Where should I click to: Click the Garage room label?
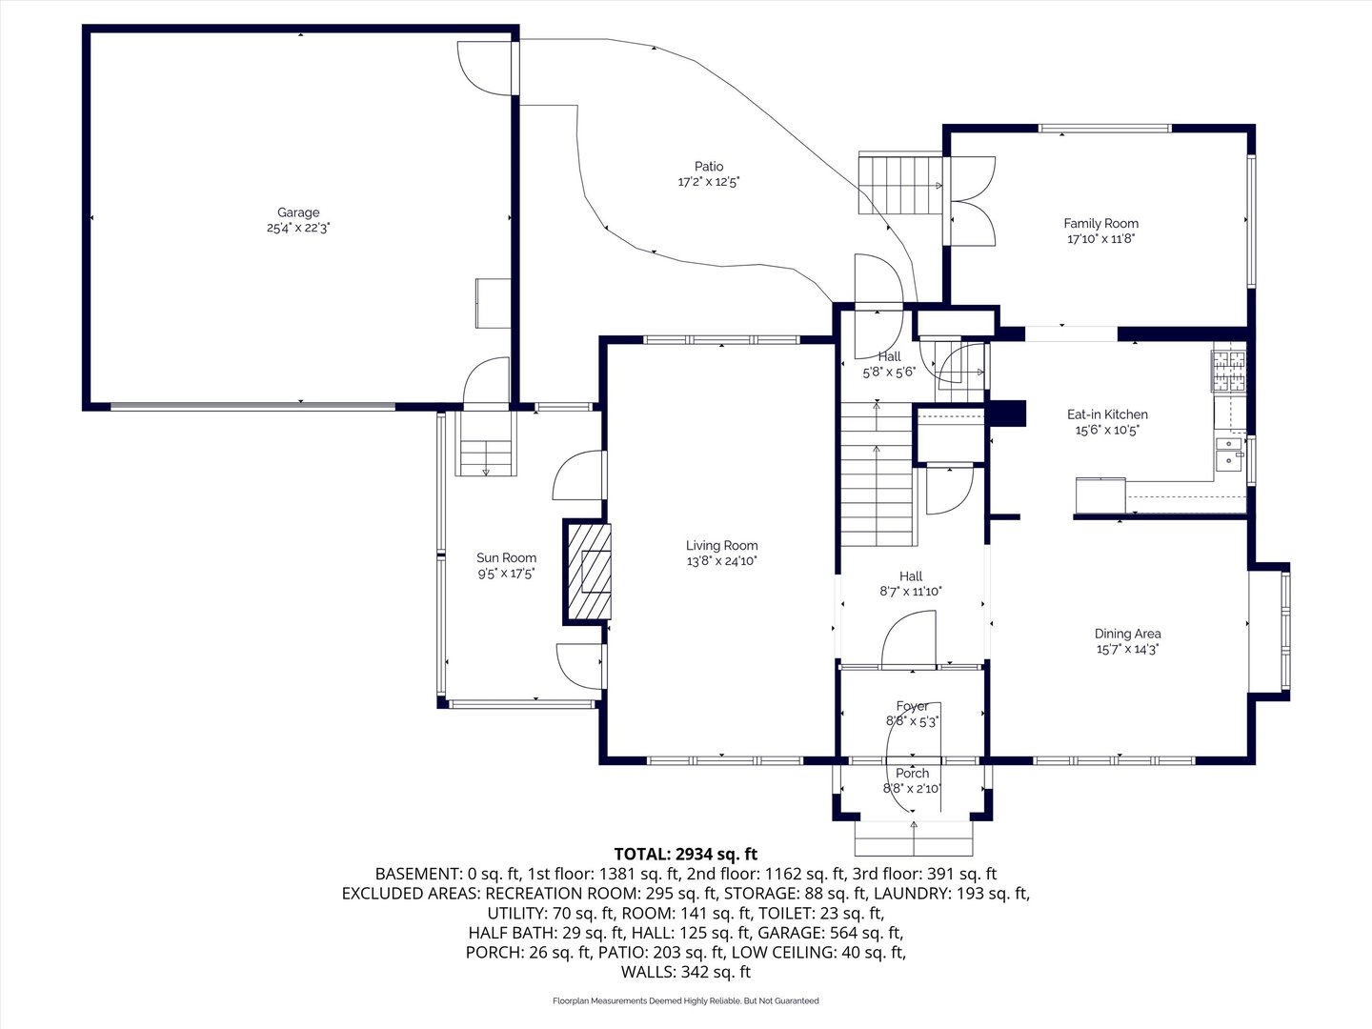298,212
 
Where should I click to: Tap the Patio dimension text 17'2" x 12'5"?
709,182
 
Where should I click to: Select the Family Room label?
1100,223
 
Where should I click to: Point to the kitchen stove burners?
1228,372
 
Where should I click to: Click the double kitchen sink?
1229,453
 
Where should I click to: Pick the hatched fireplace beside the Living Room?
588,572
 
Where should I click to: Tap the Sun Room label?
506,558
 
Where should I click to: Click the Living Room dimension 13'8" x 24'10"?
722,561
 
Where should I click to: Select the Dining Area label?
1127,634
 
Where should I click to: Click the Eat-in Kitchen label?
1107,414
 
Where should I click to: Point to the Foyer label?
912,706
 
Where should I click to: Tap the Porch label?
912,773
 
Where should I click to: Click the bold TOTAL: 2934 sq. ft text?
686,854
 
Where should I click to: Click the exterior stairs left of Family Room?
900,186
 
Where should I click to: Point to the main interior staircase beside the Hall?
877,474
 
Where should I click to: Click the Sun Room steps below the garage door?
486,444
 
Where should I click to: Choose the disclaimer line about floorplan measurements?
686,1000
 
